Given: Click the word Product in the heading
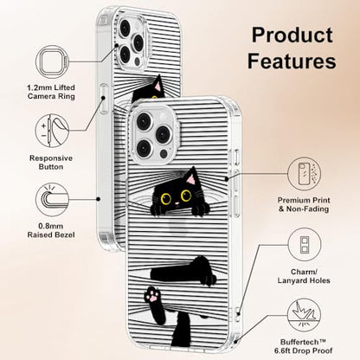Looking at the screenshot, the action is coord(292,35).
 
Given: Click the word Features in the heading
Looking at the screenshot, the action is coord(292,61).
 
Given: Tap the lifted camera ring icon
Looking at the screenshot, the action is coord(53,61).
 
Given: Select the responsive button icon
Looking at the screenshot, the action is coord(52,131).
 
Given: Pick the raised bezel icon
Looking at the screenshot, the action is coord(52,199).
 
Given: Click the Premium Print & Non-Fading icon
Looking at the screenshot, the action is coord(304,174).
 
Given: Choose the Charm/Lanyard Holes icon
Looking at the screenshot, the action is coord(305,245).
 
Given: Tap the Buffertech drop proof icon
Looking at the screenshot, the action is coord(305,315).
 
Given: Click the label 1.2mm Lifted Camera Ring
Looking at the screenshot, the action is coord(51,92).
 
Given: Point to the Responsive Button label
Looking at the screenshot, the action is coord(51,163).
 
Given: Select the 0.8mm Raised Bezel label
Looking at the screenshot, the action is coord(51,230).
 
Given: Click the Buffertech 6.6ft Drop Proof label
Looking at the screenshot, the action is coord(303,346).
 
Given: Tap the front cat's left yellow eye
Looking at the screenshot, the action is coord(166,198).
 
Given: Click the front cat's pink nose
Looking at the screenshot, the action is coord(177,204).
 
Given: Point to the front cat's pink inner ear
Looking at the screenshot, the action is coord(190,180).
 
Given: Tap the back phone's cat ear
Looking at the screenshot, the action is coord(157,85).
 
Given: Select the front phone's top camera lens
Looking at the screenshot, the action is coord(144,121).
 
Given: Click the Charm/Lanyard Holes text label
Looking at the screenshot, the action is coord(304,276).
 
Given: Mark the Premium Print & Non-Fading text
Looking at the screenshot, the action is coord(304,204).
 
